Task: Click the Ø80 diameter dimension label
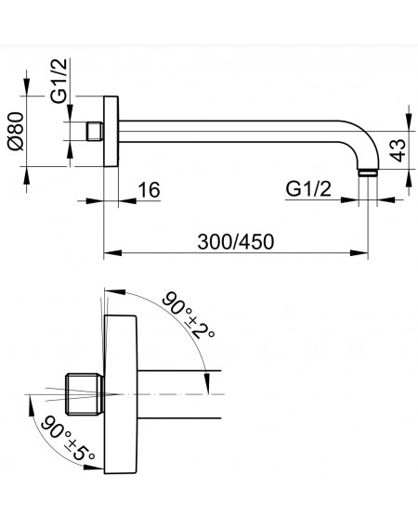16,131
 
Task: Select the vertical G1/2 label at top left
59,81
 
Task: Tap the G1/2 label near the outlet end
308,189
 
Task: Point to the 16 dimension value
150,190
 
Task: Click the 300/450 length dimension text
236,242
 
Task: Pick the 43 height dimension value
399,149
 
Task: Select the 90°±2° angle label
189,315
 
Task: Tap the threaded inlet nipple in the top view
95,132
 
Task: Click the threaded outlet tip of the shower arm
368,173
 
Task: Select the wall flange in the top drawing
111,131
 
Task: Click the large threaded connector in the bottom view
85,394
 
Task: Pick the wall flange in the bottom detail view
121,394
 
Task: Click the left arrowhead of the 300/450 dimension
112,252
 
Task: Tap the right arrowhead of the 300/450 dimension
359,252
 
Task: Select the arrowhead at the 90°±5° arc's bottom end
94,467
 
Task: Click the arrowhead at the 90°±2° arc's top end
115,291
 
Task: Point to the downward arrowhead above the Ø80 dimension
27,87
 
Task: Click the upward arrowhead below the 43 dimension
409,178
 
